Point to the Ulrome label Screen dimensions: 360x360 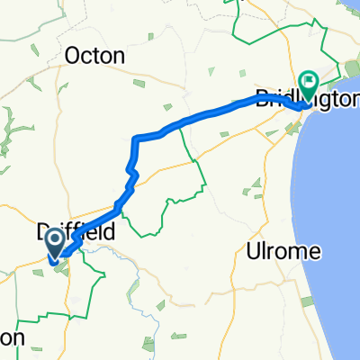click(283, 252)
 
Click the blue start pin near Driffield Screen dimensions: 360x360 click(54, 243)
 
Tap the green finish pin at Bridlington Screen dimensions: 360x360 click(309, 86)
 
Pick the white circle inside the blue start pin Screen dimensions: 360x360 click(54, 238)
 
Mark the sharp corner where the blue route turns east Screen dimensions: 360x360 click(135, 138)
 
